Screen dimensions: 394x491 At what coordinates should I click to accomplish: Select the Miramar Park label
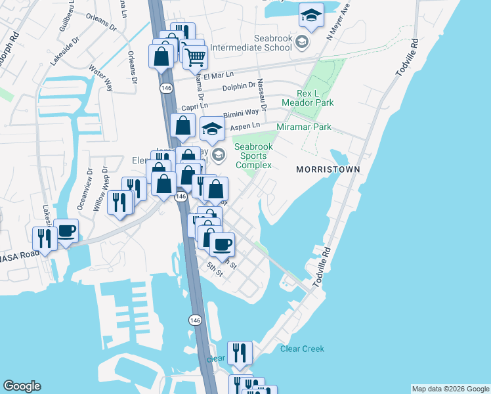(x=304, y=127)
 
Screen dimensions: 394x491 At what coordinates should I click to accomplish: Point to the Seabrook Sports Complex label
(x=253, y=156)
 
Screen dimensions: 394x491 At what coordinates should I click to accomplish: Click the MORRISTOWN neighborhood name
(x=328, y=169)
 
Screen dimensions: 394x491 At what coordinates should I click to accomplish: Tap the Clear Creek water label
(x=302, y=349)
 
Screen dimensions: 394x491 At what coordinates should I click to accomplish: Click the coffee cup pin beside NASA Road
(x=66, y=232)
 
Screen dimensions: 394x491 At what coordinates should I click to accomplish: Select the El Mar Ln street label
(x=218, y=76)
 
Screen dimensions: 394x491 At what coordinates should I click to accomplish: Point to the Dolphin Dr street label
(x=239, y=85)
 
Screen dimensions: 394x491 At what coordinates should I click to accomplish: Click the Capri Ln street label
(x=194, y=105)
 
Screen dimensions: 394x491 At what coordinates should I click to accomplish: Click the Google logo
(x=22, y=386)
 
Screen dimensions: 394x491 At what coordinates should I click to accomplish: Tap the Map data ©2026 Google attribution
(x=450, y=389)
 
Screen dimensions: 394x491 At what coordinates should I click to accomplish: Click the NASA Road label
(x=20, y=253)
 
